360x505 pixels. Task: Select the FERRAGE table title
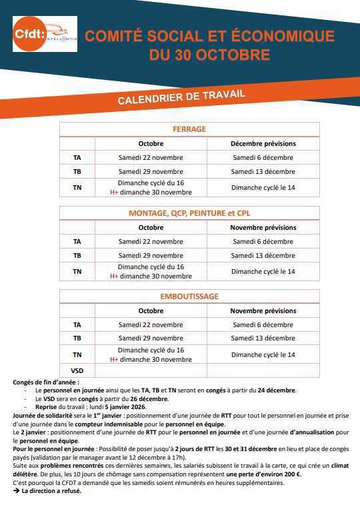click(189, 129)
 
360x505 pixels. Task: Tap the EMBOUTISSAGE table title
click(189, 296)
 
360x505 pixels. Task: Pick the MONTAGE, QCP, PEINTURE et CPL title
click(189, 213)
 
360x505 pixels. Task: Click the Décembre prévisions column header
click(263, 143)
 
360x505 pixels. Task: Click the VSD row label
click(77, 370)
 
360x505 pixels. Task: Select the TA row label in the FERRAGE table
click(77, 158)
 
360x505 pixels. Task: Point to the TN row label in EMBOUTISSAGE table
click(77, 355)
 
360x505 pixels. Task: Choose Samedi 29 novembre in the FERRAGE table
click(151, 172)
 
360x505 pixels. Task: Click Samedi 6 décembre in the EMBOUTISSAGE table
click(263, 325)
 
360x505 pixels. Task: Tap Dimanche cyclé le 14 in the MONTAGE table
click(263, 271)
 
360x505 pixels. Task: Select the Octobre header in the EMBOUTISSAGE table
click(151, 311)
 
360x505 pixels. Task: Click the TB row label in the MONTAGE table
click(77, 256)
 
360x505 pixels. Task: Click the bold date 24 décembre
click(276, 390)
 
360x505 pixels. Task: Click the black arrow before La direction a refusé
click(17, 491)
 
